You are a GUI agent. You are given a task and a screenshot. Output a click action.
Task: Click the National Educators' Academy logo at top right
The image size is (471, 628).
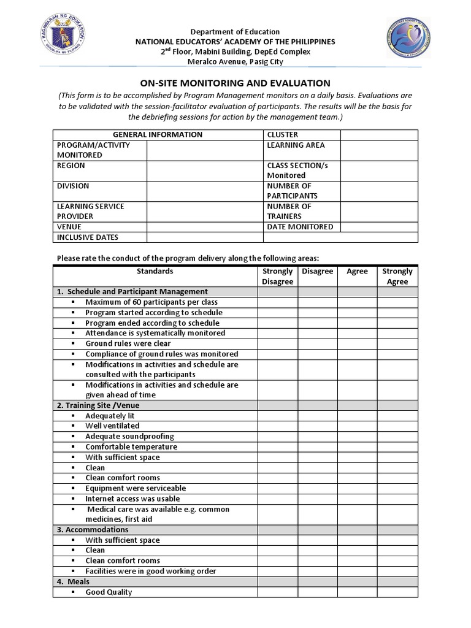(408, 39)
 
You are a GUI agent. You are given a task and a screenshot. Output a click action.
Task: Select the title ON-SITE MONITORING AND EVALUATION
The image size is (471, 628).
(235, 83)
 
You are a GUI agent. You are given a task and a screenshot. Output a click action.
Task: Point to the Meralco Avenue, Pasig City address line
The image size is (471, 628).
(235, 62)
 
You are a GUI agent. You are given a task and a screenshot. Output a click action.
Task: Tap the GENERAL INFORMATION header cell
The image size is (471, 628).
(158, 134)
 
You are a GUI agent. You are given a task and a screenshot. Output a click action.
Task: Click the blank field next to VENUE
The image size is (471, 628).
(205, 227)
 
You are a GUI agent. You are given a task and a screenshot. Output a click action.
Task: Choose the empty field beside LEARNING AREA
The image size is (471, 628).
(379, 150)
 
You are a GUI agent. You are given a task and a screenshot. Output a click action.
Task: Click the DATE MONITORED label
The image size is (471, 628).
(300, 227)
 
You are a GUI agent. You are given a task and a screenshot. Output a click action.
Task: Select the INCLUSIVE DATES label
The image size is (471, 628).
(88, 237)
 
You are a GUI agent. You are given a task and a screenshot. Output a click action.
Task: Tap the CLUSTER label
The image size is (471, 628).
(283, 134)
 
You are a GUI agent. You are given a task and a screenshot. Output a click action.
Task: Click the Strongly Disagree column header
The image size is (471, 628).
(277, 277)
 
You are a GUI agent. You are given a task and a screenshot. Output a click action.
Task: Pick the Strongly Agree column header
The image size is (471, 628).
(397, 277)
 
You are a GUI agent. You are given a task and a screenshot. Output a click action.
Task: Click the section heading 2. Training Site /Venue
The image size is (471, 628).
(98, 405)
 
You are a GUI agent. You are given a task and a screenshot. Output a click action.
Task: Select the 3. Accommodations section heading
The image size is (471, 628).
(93, 530)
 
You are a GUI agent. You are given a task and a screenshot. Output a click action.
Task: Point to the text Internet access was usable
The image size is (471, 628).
(132, 499)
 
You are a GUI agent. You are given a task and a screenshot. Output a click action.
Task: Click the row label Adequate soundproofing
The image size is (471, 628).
(129, 437)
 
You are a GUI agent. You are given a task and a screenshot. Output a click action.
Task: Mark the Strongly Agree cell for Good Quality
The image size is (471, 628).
(397, 592)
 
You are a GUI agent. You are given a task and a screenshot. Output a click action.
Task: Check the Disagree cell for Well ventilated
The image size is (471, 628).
(318, 426)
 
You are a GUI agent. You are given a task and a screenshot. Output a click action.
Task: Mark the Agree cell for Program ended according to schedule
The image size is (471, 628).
(357, 323)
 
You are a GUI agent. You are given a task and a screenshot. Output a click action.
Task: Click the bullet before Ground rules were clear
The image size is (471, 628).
(72, 344)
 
